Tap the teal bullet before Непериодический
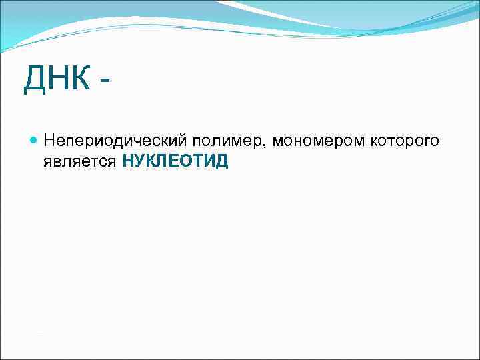click(x=34, y=141)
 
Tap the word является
click(x=81, y=161)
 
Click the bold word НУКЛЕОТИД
click(x=175, y=161)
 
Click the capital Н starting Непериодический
click(x=49, y=141)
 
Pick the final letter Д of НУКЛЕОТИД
click(x=222, y=161)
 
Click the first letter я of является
click(x=47, y=162)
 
